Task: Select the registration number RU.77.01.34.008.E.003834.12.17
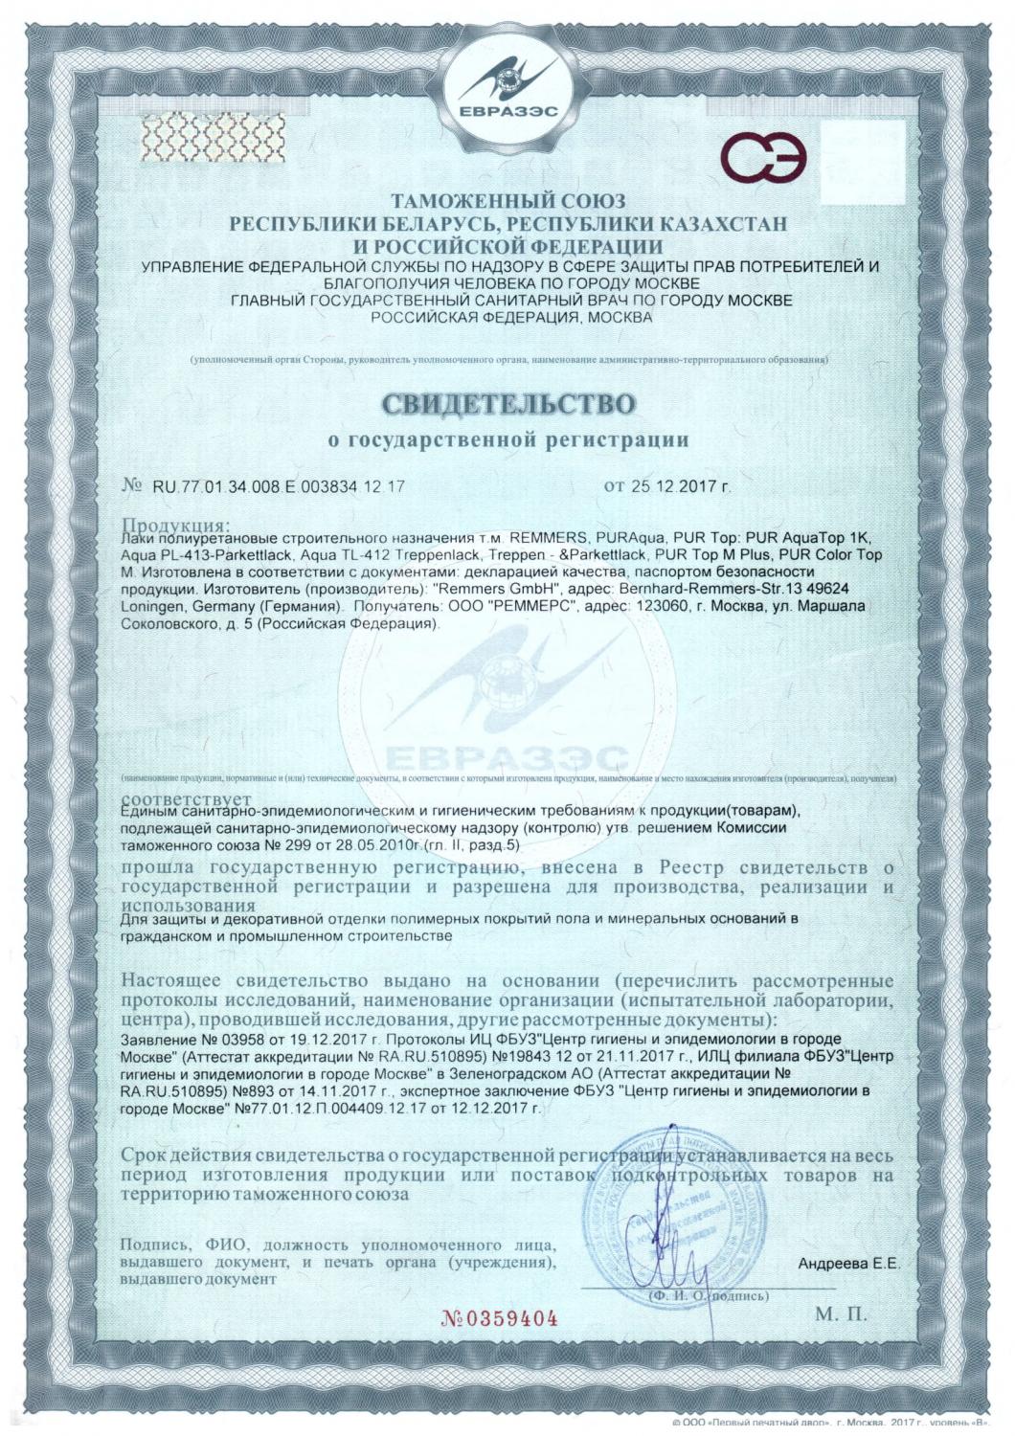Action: (x=279, y=486)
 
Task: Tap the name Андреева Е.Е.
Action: (x=848, y=1264)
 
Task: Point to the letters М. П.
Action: (x=842, y=1313)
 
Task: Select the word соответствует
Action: (x=188, y=798)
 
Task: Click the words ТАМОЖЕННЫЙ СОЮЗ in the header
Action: (x=508, y=202)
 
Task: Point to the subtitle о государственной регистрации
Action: (x=508, y=440)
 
